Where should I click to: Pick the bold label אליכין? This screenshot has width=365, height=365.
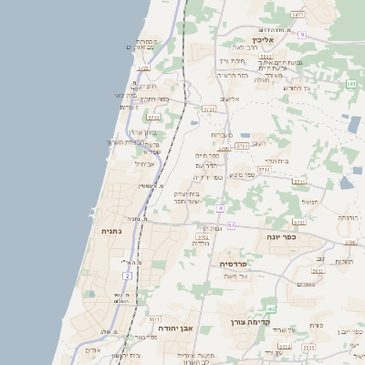(264, 40)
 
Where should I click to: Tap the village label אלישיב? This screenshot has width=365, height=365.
(229, 99)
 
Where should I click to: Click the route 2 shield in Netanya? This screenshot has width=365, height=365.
(126, 275)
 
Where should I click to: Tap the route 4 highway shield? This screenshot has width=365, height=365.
(220, 208)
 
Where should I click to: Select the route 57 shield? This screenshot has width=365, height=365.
(231, 225)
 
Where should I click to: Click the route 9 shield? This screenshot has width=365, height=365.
(301, 35)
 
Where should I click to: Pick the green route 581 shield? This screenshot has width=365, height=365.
(351, 84)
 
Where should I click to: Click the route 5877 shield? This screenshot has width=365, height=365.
(297, 16)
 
